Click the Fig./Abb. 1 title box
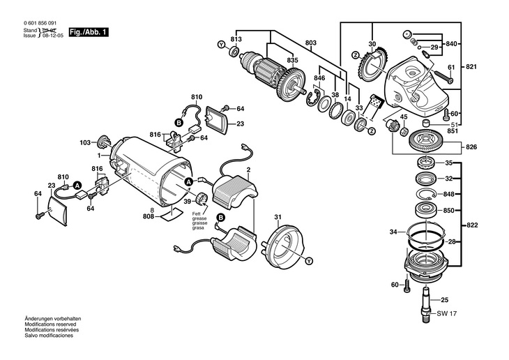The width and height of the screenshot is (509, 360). [x=88, y=33]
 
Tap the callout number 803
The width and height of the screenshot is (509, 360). [x=311, y=43]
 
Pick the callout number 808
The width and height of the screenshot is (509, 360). [x=149, y=216]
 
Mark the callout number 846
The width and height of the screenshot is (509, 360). [x=319, y=78]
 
